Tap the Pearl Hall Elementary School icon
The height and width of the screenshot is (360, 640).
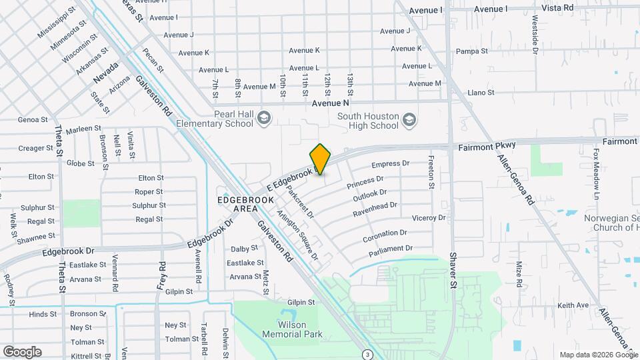coord(264,119)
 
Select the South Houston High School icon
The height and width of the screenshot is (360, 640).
coord(409,120)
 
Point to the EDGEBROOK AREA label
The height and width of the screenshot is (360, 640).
coord(237,204)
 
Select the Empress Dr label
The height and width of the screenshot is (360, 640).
coord(390,163)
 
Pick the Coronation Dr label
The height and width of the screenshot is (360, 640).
coord(385,235)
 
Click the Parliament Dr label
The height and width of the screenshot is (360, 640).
coord(391,251)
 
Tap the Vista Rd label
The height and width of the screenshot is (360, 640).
coord(558,8)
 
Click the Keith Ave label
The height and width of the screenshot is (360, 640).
coord(573,305)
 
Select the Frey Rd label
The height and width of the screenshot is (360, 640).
coord(162,274)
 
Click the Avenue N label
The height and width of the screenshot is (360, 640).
coord(331,103)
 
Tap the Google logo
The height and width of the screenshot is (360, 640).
coord(22,351)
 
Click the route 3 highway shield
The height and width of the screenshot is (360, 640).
coord(367,353)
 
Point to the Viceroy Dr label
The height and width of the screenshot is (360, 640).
coord(429,218)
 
